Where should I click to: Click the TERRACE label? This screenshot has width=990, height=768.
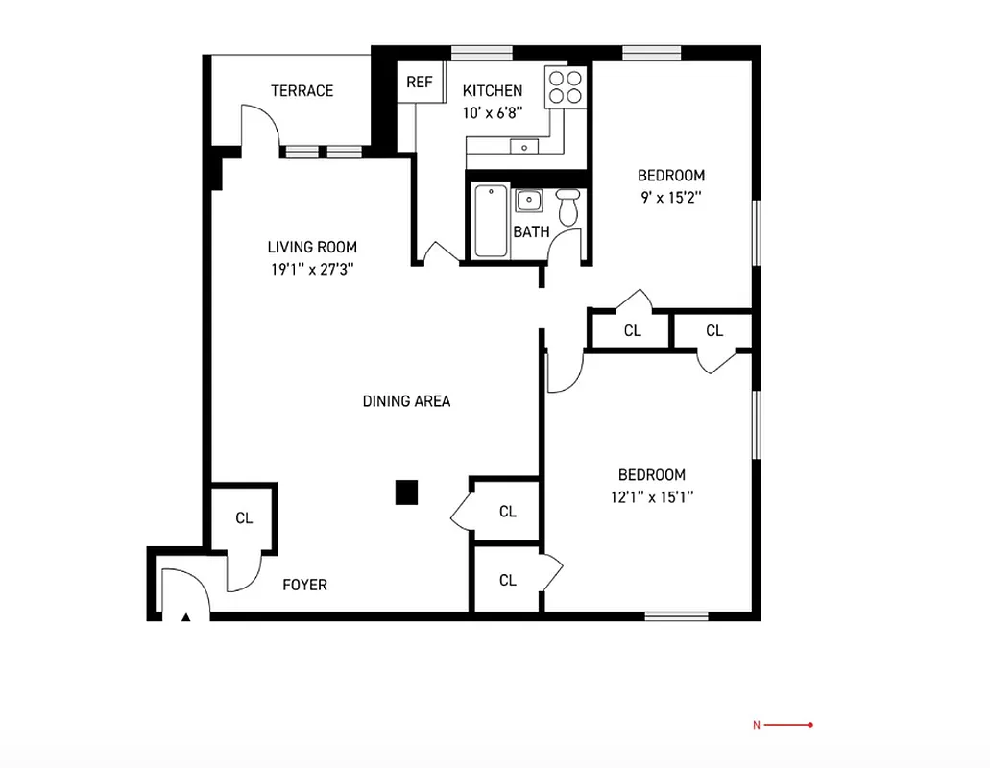coord(302,91)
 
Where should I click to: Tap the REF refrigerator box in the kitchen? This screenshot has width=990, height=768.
coord(419,83)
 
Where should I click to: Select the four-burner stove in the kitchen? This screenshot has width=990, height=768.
coord(565,87)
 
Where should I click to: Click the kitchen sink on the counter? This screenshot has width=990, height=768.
coord(523,147)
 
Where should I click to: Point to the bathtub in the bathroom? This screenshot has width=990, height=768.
coord(491,221)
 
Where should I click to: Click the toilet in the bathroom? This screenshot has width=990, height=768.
coord(567,207)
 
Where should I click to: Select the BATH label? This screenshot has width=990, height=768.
coord(531,232)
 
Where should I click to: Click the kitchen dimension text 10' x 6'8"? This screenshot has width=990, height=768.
coord(493,112)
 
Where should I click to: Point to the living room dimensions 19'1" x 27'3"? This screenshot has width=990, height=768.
coord(313,270)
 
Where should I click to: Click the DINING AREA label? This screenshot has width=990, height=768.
coord(406,401)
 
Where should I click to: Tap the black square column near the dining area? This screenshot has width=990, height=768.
coord(407,492)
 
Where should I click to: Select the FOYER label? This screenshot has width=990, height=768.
coord(304,585)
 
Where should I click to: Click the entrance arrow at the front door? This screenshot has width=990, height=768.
coord(186,617)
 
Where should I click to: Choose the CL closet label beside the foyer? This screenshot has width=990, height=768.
coord(244,518)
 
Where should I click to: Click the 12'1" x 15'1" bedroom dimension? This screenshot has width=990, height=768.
coord(651,497)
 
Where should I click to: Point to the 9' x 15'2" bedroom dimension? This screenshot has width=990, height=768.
coord(670,198)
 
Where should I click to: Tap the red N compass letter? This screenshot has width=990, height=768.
coord(756,725)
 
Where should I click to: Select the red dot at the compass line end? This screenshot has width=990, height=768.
coord(810,725)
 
